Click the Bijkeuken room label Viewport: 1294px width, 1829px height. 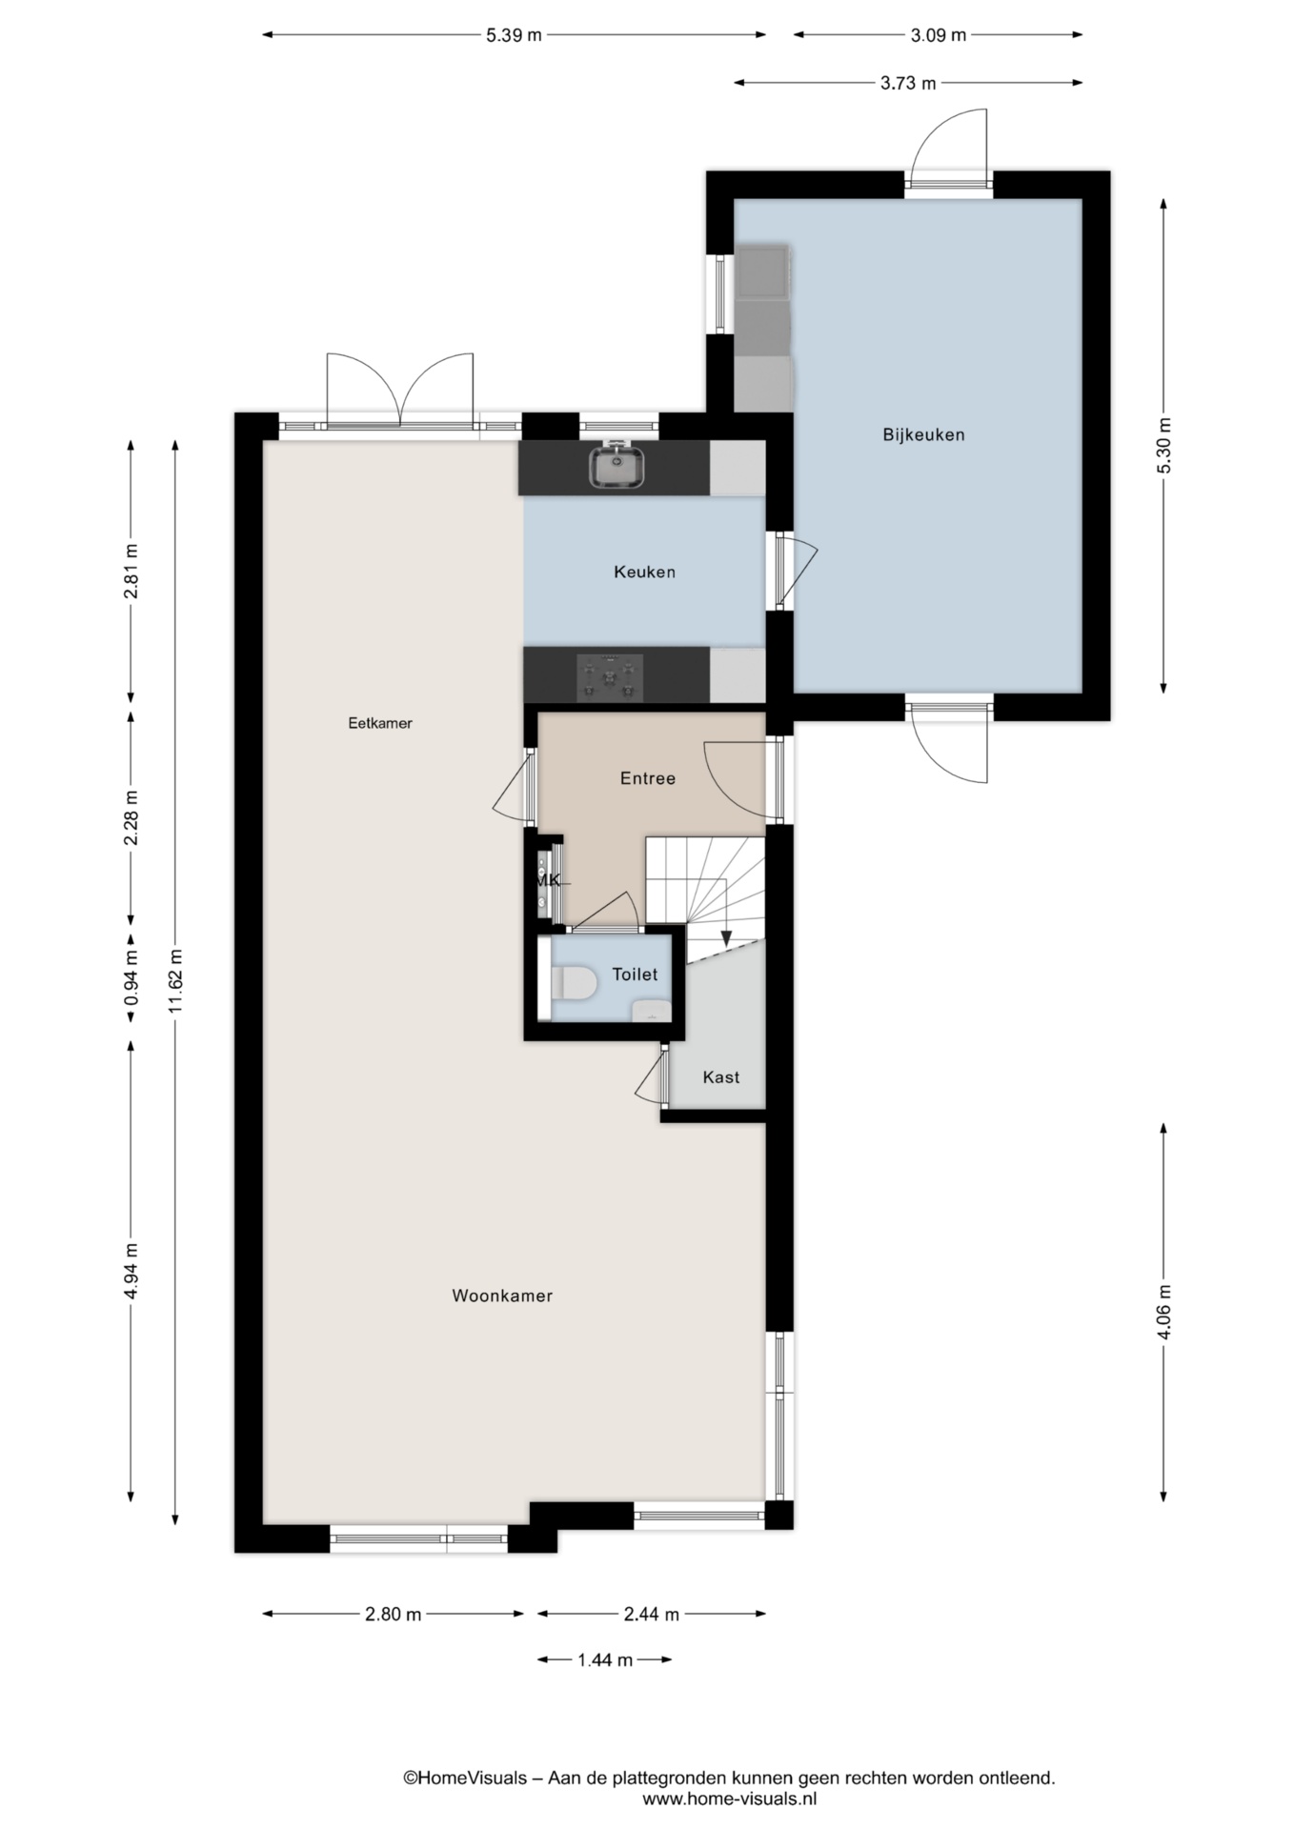pos(923,435)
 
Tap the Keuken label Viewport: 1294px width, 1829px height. pos(644,573)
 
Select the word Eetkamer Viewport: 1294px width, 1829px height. pos(380,723)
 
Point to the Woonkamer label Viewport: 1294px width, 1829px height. pos(502,1296)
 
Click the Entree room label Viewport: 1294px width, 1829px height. pos(648,778)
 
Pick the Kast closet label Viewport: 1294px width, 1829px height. pos(721,1077)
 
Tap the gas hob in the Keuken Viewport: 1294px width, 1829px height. pos(610,678)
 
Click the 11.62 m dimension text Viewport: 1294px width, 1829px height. pos(175,982)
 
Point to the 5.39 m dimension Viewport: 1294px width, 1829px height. pos(514,35)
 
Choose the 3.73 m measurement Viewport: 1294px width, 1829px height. pos(908,83)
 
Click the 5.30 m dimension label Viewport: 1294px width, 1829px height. pos(1163,446)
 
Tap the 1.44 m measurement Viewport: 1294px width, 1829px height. pos(605,1660)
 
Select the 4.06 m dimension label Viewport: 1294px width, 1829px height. pos(1163,1312)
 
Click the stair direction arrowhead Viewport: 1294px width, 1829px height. pos(726,939)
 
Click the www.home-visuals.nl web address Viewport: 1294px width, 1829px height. pos(730,1799)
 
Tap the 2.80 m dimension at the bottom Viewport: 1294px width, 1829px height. pos(393,1615)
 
